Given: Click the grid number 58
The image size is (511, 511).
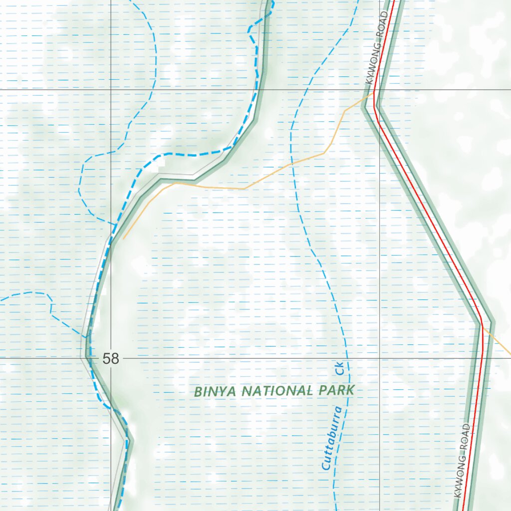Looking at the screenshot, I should click(x=111, y=358).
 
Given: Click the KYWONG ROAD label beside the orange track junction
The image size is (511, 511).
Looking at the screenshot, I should click(x=377, y=47).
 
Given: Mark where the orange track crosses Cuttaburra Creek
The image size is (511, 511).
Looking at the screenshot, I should click(x=292, y=163).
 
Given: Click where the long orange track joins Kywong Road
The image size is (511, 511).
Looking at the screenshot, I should click(x=374, y=92).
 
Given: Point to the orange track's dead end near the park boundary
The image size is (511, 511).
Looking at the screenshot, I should click(x=124, y=239).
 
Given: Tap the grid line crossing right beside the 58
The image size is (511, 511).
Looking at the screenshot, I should click(x=111, y=358).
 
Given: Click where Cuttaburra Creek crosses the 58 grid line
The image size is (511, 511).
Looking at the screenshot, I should click(x=348, y=358).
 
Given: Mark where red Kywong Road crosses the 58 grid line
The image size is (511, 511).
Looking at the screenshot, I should click(x=483, y=358).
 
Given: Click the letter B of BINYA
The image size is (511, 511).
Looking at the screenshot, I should click(x=198, y=392).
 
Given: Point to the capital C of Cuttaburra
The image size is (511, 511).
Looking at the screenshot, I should click(x=326, y=467).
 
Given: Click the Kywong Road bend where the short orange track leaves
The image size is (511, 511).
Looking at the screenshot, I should click(x=482, y=325).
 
